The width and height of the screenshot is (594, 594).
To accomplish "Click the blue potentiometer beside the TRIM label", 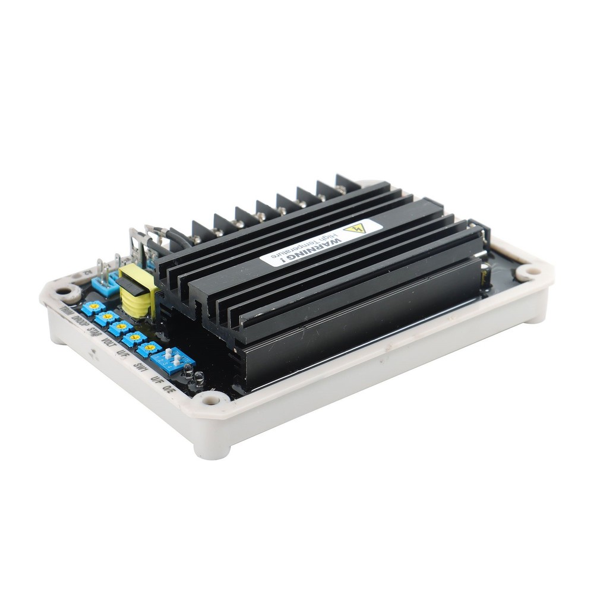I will click(93, 307).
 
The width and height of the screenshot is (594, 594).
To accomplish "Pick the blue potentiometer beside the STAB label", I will click(121, 327).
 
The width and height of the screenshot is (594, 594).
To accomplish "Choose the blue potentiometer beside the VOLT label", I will click(135, 338).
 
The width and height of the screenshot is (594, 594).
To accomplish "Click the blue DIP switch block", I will click(172, 358).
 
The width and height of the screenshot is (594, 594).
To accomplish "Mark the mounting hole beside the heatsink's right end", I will click(527, 273).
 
